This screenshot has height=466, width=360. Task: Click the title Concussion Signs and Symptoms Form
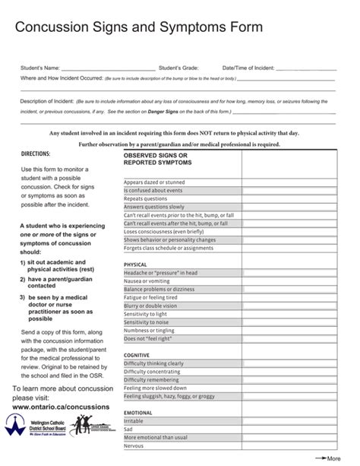pyautogui.click(x=139, y=28)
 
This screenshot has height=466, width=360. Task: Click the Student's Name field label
pyautogui.click(x=39, y=68)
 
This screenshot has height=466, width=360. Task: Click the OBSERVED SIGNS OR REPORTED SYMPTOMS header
pyautogui.click(x=158, y=159)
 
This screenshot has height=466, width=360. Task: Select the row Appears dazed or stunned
pyautogui.click(x=154, y=182)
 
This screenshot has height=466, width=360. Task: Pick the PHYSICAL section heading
pyautogui.click(x=135, y=265)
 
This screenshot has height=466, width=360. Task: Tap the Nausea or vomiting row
pyautogui.click(x=147, y=281)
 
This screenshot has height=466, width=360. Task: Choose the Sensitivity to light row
pyautogui.click(x=145, y=314)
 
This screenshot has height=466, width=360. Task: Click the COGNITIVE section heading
pyautogui.click(x=137, y=355)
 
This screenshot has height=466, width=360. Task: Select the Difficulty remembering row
pyautogui.click(x=153, y=380)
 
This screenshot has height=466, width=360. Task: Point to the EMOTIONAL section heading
pyautogui.click(x=138, y=413)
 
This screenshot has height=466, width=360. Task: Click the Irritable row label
pyautogui.click(x=134, y=421)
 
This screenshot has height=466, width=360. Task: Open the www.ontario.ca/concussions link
pyautogui.click(x=61, y=407)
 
